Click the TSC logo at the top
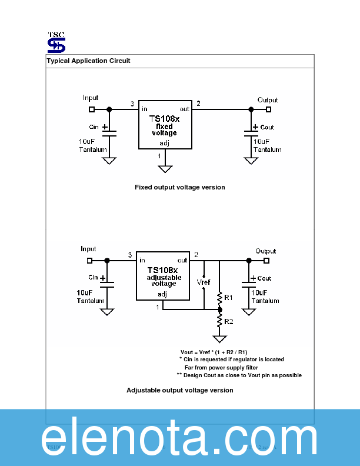(x=56, y=42)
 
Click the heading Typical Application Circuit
(x=89, y=61)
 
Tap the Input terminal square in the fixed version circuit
(x=91, y=109)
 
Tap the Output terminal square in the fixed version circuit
(x=269, y=109)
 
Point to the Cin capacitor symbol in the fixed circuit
(x=109, y=132)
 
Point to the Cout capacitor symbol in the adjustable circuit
(x=248, y=284)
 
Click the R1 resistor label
(x=229, y=298)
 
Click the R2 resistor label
(x=229, y=321)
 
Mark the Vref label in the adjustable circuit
(x=204, y=282)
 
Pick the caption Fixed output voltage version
(x=179, y=187)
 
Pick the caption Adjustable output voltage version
(x=179, y=390)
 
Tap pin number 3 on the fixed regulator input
(x=132, y=104)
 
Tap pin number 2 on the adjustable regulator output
(x=196, y=255)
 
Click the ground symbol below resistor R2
(x=220, y=339)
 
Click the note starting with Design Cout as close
(x=239, y=375)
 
